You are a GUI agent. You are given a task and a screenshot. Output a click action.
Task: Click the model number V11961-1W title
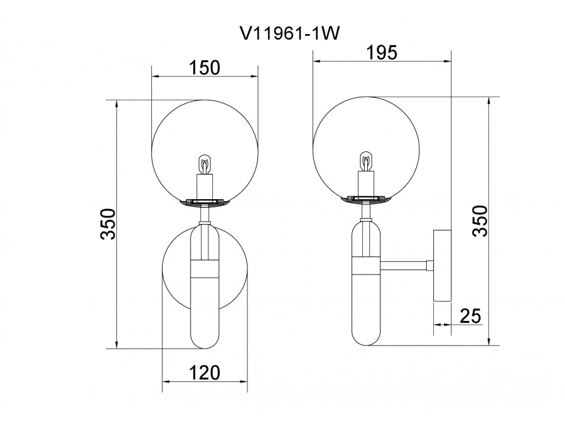click(x=290, y=34)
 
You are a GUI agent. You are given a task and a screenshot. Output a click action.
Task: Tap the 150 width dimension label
click(x=204, y=68)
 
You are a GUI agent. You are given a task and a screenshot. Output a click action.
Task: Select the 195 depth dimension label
click(x=382, y=53)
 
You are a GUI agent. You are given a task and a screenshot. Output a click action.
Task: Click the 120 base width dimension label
click(x=204, y=372)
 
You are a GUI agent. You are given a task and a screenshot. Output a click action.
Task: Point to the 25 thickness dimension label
click(x=471, y=316)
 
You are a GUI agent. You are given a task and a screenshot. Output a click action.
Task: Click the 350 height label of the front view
click(x=108, y=224)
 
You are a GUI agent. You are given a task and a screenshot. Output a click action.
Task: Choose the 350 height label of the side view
click(x=480, y=220)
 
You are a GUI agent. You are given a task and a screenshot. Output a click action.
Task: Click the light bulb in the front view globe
click(x=205, y=165)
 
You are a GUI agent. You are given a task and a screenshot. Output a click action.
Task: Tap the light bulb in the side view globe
click(x=366, y=161)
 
